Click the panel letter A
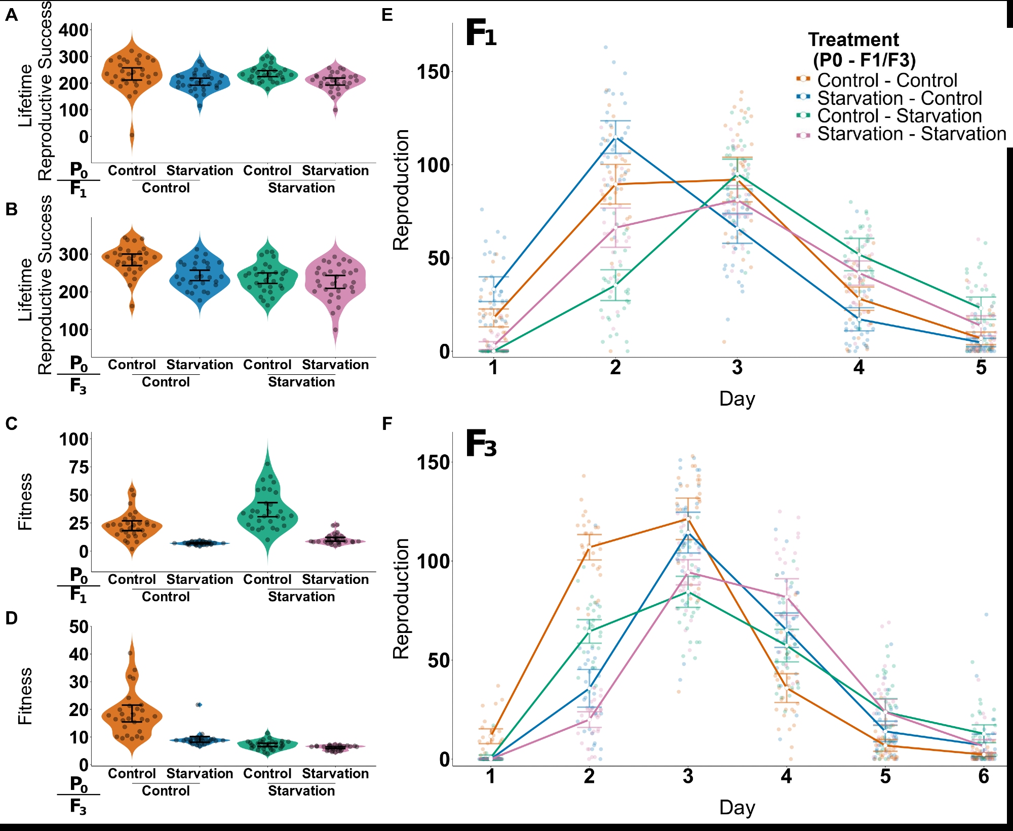(x=11, y=15)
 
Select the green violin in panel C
(x=267, y=511)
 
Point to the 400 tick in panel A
(x=74, y=30)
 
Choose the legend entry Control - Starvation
(x=899, y=116)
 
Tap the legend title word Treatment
(x=853, y=39)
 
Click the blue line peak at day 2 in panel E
(x=615, y=137)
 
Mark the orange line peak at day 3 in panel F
(x=688, y=518)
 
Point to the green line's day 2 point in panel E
(x=615, y=285)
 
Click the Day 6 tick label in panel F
(x=983, y=776)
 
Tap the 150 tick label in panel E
(x=433, y=72)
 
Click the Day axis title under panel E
(x=737, y=399)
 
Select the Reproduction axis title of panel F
(x=401, y=599)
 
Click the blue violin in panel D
(x=200, y=740)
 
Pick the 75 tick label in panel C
(x=79, y=467)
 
